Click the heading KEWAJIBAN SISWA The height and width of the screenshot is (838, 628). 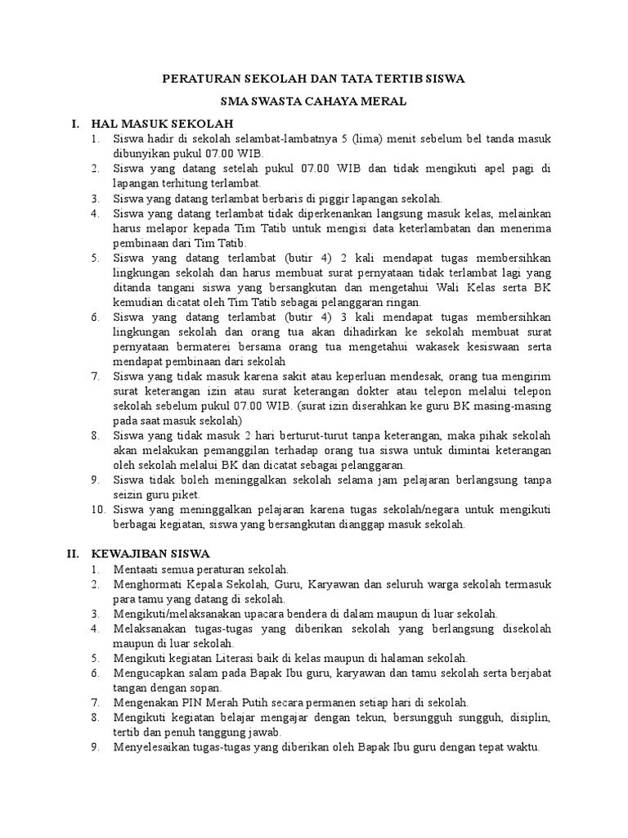[x=150, y=553]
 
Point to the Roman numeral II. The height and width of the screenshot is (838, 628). [x=72, y=553]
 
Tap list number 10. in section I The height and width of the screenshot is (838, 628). [x=97, y=509]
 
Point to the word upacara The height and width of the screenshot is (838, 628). [x=273, y=613]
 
